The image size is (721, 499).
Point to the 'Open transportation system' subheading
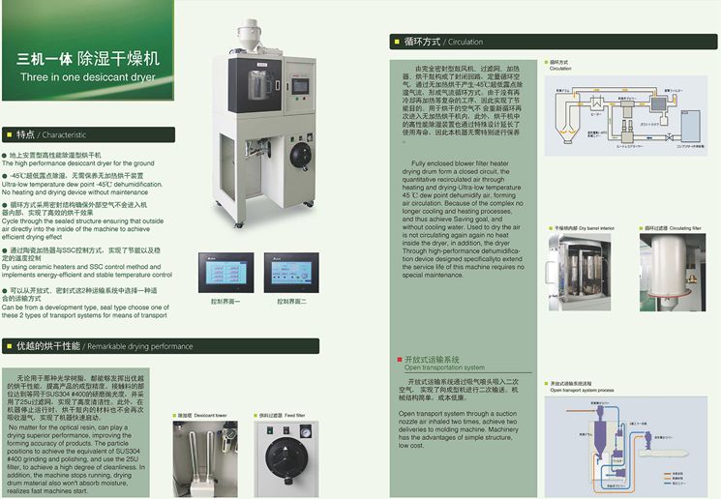pyautogui.click(x=444, y=367)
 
